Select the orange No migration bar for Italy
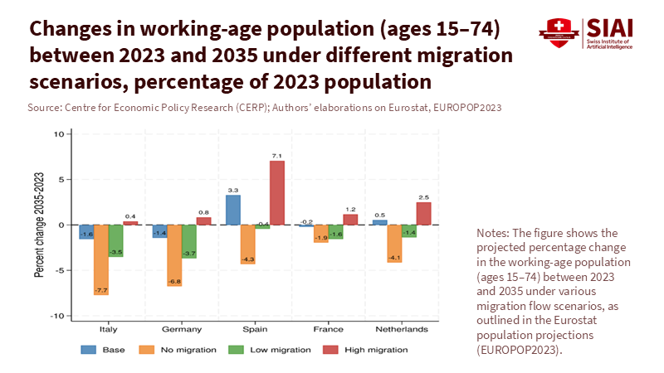(101, 259)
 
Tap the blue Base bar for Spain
(233, 210)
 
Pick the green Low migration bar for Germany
(189, 241)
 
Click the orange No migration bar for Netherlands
(394, 243)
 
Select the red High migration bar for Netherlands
(423, 213)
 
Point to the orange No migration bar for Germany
(174, 255)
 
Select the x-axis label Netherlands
(402, 329)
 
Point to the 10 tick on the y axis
(58, 133)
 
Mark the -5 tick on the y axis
(58, 270)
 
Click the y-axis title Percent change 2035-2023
(38, 225)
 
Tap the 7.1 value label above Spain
(277, 156)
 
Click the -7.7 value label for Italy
(101, 290)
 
